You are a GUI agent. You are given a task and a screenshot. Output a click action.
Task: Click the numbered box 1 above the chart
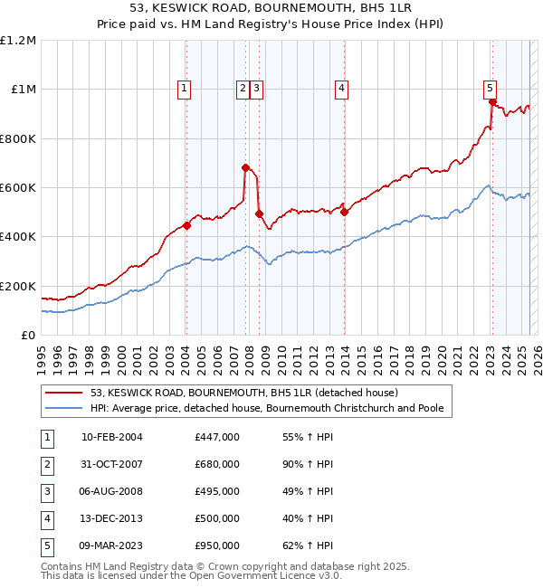click(x=185, y=88)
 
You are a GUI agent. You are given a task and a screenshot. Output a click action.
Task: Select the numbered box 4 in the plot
click(x=341, y=88)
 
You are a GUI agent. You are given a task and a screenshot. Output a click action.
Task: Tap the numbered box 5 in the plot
click(x=490, y=88)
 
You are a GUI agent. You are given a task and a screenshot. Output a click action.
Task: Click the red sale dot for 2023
click(x=491, y=102)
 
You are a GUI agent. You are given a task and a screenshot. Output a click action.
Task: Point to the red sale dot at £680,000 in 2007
click(x=245, y=167)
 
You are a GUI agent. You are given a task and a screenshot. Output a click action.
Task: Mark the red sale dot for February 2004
click(x=186, y=225)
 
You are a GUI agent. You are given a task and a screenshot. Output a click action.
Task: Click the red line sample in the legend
click(x=63, y=394)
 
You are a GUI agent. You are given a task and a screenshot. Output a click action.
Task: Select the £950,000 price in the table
click(x=217, y=545)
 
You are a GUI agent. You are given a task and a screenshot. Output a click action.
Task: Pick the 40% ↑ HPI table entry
click(x=308, y=518)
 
